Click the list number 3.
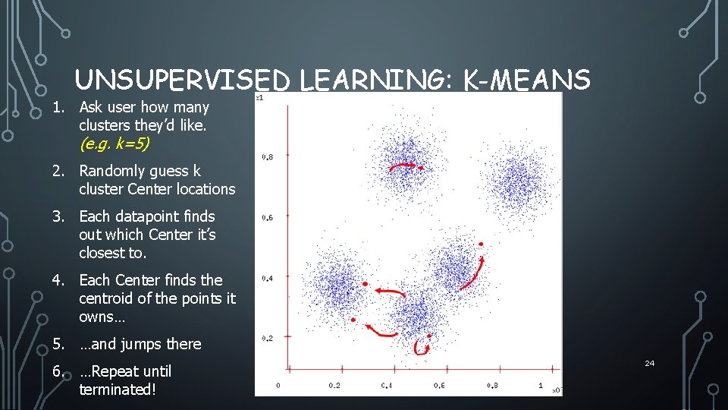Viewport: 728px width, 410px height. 58,216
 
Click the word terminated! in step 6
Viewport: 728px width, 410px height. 118,389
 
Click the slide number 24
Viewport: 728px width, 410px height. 649,364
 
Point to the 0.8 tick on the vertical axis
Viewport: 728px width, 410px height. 268,157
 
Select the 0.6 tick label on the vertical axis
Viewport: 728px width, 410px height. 268,218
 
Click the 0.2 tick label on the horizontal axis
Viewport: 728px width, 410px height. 334,386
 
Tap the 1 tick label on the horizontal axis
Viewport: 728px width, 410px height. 541,386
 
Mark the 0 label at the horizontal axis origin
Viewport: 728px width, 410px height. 278,386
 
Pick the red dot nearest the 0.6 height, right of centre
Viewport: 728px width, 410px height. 480,244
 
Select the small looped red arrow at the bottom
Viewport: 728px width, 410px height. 422,345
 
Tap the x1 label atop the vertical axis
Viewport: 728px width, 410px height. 260,97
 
